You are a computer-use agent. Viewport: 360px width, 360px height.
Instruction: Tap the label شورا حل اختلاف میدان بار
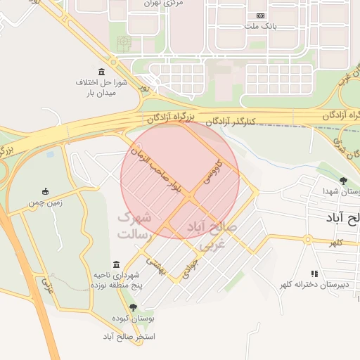101,87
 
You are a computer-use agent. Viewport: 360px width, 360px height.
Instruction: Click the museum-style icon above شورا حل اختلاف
103,72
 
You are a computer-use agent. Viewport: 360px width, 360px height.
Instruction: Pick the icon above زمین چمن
46,191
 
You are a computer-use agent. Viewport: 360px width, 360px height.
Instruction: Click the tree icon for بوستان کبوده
134,307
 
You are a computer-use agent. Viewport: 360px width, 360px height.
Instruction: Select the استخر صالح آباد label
128,336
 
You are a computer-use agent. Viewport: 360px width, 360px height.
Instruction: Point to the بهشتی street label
155,264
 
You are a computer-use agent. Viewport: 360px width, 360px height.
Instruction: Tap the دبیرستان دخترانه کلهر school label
314,285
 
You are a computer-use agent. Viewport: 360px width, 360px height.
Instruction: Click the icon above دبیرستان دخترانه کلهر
314,274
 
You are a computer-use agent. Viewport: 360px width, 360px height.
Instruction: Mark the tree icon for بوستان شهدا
343,181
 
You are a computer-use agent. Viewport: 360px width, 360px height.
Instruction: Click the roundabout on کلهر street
307,240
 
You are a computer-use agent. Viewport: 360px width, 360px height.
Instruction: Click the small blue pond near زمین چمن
50,153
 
